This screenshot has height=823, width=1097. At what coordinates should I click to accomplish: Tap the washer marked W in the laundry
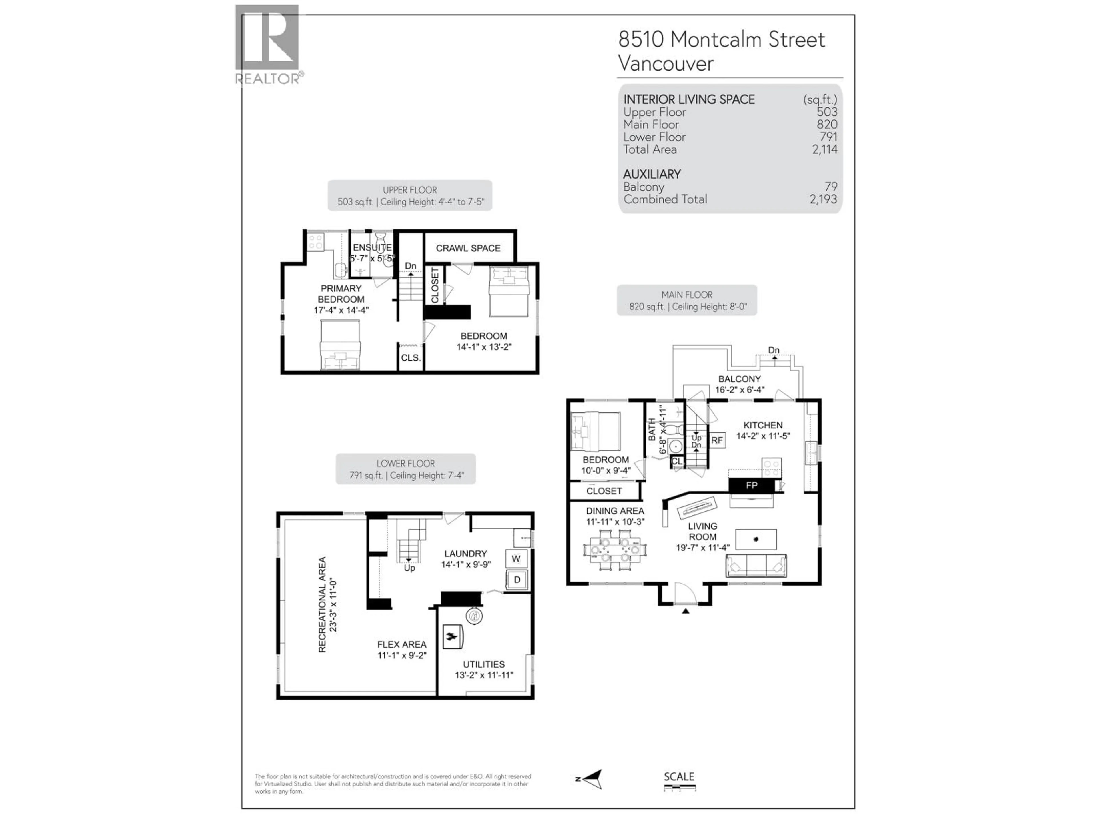coord(516,559)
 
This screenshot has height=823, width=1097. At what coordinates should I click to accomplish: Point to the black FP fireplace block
coord(751,485)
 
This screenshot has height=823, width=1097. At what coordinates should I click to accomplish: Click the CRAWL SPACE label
coord(468,248)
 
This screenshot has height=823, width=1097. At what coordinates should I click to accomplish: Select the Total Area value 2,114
coord(824,149)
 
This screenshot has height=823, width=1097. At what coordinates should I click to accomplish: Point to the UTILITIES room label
coord(484,664)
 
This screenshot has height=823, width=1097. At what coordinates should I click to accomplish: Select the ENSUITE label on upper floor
coord(372,247)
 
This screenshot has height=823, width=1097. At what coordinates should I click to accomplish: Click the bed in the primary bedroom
coord(340,345)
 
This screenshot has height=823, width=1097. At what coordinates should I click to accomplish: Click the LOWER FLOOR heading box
coord(405,469)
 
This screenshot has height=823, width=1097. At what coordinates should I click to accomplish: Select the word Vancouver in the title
coord(666,63)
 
